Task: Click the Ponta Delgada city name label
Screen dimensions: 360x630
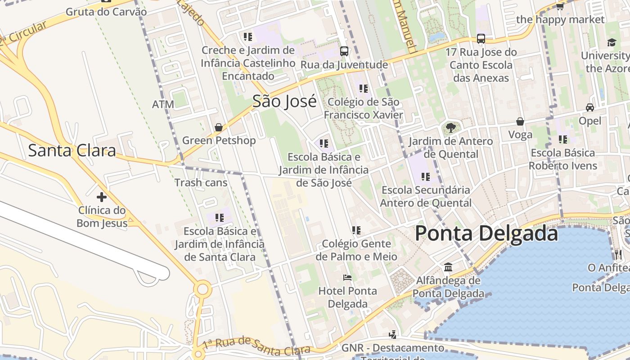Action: click(486, 234)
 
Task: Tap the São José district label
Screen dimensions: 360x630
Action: click(284, 101)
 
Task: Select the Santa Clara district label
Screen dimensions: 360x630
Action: click(72, 150)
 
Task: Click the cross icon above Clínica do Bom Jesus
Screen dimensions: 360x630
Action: click(102, 197)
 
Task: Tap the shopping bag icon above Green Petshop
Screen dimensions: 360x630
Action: click(219, 127)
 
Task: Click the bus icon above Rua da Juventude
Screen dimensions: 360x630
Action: click(344, 51)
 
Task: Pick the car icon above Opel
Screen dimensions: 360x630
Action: click(589, 108)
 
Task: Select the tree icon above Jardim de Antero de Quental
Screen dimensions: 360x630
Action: click(450, 128)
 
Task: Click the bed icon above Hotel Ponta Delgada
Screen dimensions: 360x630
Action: click(347, 277)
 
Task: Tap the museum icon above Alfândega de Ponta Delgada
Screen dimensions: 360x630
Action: click(448, 267)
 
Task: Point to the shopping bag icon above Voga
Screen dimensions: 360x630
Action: click(520, 121)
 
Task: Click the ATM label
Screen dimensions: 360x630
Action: click(163, 104)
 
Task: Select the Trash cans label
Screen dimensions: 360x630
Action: click(201, 183)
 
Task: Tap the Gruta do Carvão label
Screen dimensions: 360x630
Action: click(106, 12)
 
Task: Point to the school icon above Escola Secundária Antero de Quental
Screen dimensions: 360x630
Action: click(426, 176)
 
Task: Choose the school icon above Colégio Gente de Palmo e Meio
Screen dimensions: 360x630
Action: click(356, 230)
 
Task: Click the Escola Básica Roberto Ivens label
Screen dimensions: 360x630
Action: click(562, 159)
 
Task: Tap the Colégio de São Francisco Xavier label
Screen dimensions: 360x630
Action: click(363, 108)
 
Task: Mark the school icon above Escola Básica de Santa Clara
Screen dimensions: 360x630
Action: click(220, 218)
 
